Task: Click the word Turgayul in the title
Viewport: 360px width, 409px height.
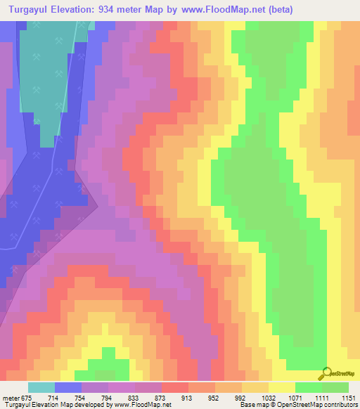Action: [x=29, y=10]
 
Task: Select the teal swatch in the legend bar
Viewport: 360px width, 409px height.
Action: [x=41, y=387]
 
